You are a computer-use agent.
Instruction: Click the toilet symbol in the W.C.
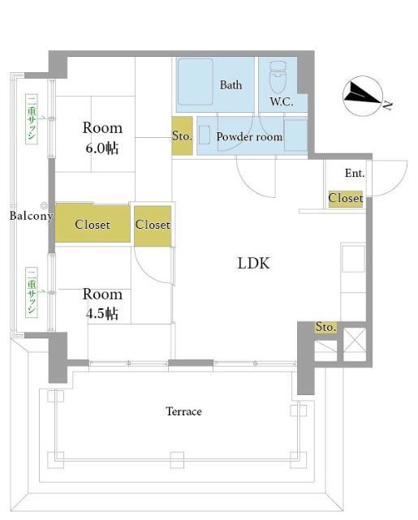pos(278,77)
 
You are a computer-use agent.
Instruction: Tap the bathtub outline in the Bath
pos(196,82)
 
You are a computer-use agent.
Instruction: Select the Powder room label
pos(249,136)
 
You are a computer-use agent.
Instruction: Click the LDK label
pos(254,263)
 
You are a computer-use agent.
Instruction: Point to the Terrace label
pos(183,411)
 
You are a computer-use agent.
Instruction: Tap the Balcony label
pos(31,216)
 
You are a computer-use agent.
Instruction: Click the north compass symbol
pos(364,96)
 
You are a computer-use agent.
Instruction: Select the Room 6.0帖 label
pos(102,138)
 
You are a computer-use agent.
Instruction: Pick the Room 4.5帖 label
pos(102,303)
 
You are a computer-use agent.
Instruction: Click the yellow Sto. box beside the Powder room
pos(182,135)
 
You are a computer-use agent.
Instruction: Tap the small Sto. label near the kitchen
pos(325,327)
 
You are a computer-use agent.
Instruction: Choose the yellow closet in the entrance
pos(346,199)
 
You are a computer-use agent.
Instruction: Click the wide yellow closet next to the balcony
pos(93,223)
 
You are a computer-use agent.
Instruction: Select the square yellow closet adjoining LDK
pos(153,226)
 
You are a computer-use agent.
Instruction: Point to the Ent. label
pos(355,173)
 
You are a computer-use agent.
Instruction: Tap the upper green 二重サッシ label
pos(32,119)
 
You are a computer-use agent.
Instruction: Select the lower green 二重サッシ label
pos(32,292)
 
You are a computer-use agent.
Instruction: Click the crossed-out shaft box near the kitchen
pos(355,344)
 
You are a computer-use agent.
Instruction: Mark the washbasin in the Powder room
pos(205,135)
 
